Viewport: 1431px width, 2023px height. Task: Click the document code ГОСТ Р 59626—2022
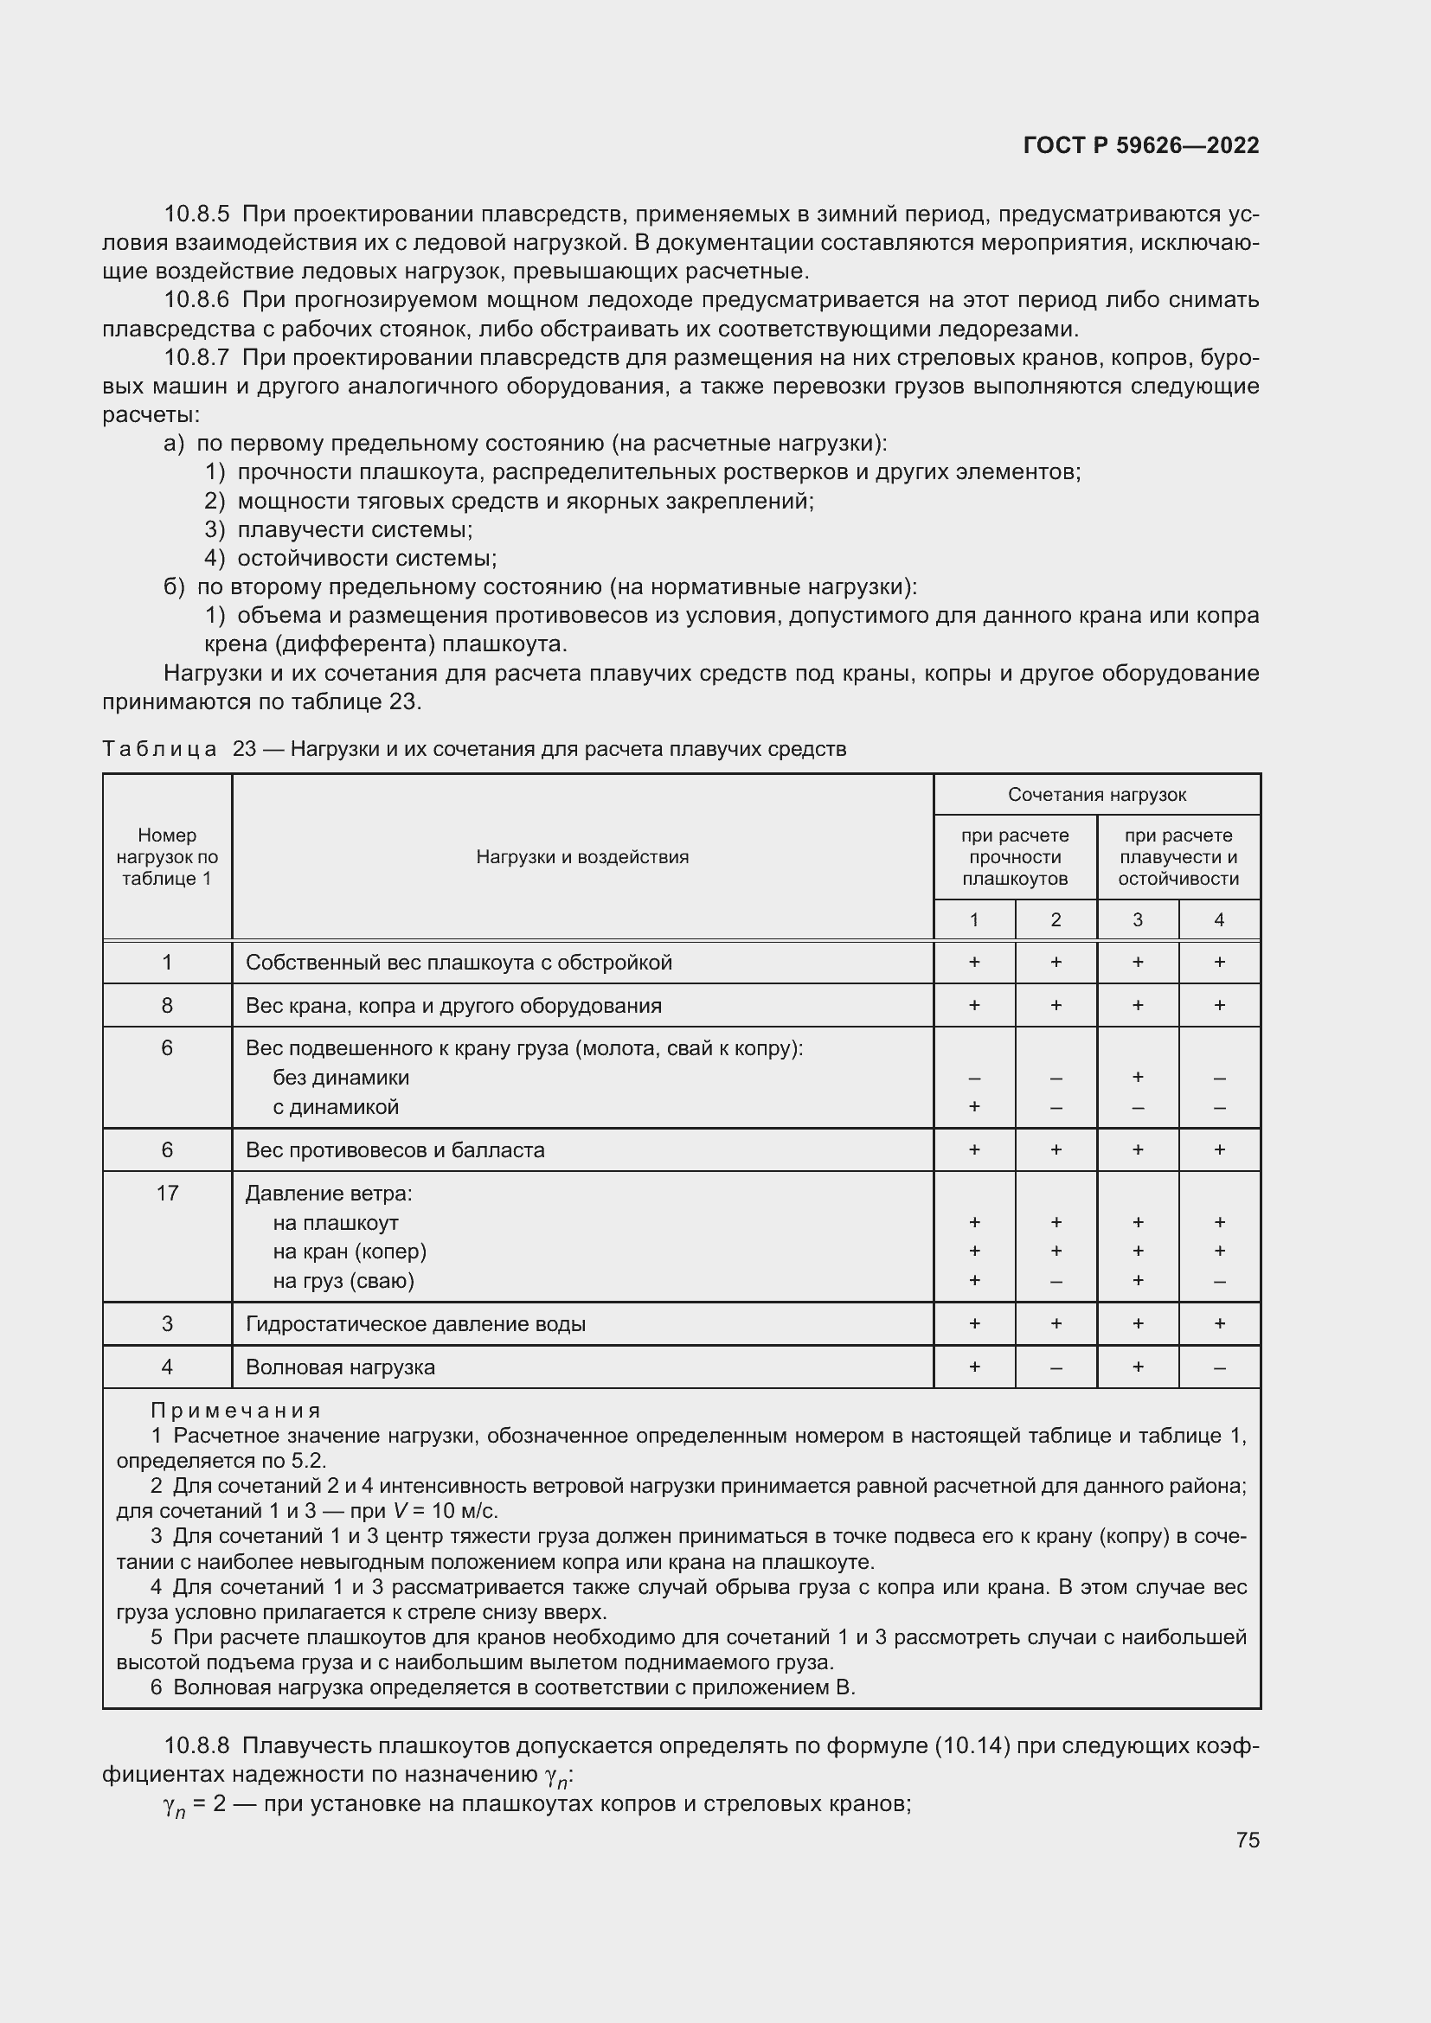click(1141, 145)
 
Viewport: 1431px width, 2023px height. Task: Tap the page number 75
click(1247, 1840)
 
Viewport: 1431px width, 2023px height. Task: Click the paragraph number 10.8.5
click(196, 214)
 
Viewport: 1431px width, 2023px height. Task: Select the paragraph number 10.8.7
click(196, 358)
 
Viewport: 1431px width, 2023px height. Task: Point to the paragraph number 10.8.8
click(196, 1745)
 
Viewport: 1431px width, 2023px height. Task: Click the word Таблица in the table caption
click(159, 749)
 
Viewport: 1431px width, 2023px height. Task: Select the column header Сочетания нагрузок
click(1096, 795)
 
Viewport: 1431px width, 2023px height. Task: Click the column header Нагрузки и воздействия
click(581, 856)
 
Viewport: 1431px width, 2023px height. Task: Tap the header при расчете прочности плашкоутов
click(1014, 856)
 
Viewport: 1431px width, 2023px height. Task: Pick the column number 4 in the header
click(1219, 920)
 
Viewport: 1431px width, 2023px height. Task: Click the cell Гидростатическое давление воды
click(415, 1323)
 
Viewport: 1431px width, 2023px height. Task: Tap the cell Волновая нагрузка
click(340, 1367)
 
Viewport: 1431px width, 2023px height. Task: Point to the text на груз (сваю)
click(343, 1280)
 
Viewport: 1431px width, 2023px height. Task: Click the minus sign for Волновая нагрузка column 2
click(1056, 1367)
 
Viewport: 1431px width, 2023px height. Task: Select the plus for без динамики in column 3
click(1137, 1077)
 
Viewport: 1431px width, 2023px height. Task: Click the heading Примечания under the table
click(235, 1411)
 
